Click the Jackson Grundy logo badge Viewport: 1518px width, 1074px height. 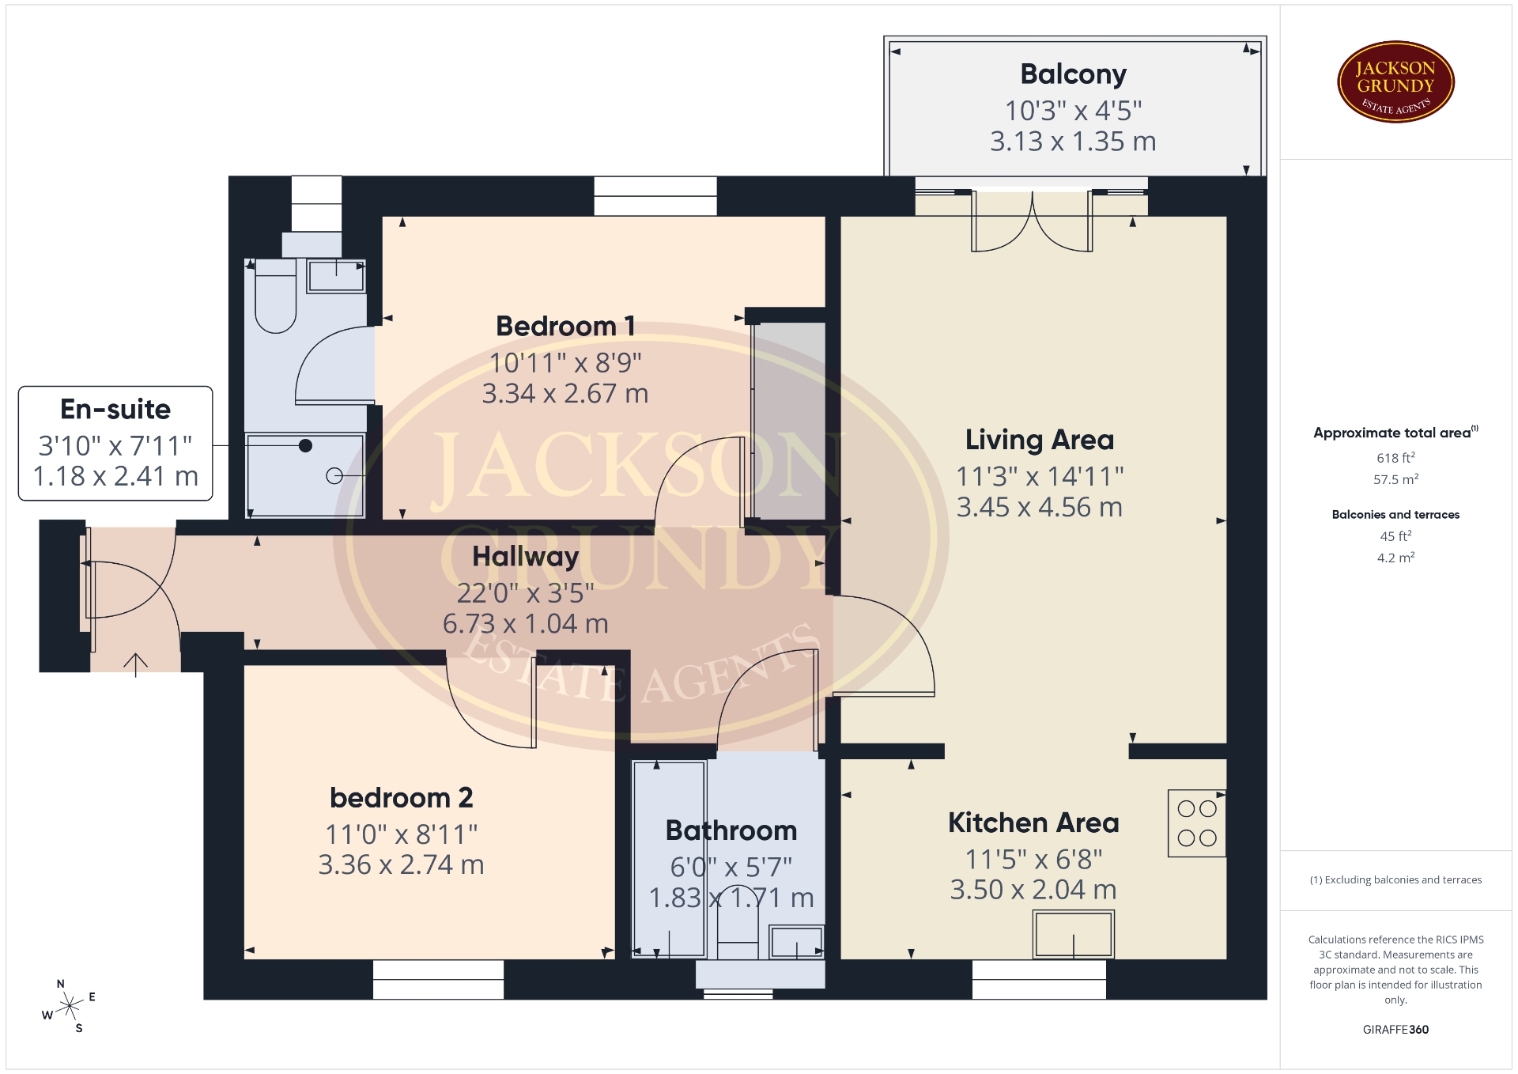point(1395,82)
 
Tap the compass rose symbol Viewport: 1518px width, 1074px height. point(70,1007)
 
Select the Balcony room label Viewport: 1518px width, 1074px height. point(1073,74)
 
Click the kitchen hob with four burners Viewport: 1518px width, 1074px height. point(1196,823)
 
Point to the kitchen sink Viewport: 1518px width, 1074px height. point(1073,934)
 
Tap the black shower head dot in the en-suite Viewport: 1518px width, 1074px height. point(305,446)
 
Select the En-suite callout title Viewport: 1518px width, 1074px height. point(115,409)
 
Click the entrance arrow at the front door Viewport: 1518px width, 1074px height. point(135,665)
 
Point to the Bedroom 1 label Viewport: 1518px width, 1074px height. point(565,326)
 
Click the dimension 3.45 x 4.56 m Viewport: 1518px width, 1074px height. point(1039,507)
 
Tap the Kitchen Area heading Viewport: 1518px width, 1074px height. point(1033,823)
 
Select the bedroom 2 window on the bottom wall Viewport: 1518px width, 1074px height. point(438,979)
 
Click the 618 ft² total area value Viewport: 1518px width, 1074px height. point(1395,458)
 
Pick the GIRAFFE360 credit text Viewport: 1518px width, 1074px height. point(1395,1030)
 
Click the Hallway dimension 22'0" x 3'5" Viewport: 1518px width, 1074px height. point(525,592)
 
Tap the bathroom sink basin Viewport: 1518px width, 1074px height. point(796,942)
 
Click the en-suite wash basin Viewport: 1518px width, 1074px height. point(336,275)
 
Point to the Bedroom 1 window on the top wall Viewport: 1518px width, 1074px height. point(655,195)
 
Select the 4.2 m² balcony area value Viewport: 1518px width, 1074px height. point(1395,558)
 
